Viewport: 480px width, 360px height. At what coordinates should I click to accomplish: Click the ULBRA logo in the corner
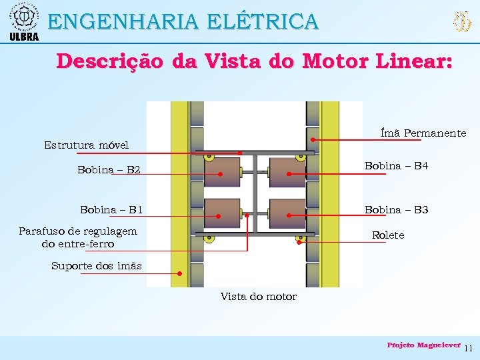pos(24,21)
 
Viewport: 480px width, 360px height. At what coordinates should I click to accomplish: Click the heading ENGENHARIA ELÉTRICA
pos(183,21)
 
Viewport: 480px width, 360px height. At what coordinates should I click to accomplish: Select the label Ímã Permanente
pos(423,133)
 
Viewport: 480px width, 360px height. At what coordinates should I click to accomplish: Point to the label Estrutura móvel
pos(86,145)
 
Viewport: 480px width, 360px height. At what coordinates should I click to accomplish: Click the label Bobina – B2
pos(109,170)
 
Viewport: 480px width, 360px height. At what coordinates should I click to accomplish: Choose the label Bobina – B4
pos(396,165)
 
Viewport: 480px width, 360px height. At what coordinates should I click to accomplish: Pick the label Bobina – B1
pos(111,210)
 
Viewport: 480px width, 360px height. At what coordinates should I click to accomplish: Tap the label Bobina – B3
pos(396,210)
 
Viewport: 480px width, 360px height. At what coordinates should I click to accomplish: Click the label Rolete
pos(387,235)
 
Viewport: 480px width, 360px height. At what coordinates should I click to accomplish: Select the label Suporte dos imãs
pos(97,266)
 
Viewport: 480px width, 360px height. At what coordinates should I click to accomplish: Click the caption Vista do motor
pos(258,297)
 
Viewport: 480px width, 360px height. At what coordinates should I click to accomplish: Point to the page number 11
pos(468,348)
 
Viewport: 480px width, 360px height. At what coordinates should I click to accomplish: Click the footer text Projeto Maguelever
pos(423,345)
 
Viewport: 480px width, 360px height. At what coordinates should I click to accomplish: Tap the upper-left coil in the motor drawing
pos(222,171)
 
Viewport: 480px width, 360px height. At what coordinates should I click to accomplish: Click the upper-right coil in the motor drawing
pos(287,171)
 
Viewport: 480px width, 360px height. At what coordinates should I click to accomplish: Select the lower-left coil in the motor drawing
pos(222,213)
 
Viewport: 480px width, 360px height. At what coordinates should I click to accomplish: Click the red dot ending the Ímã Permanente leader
pos(313,140)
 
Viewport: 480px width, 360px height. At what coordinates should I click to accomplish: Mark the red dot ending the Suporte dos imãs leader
pos(180,273)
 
